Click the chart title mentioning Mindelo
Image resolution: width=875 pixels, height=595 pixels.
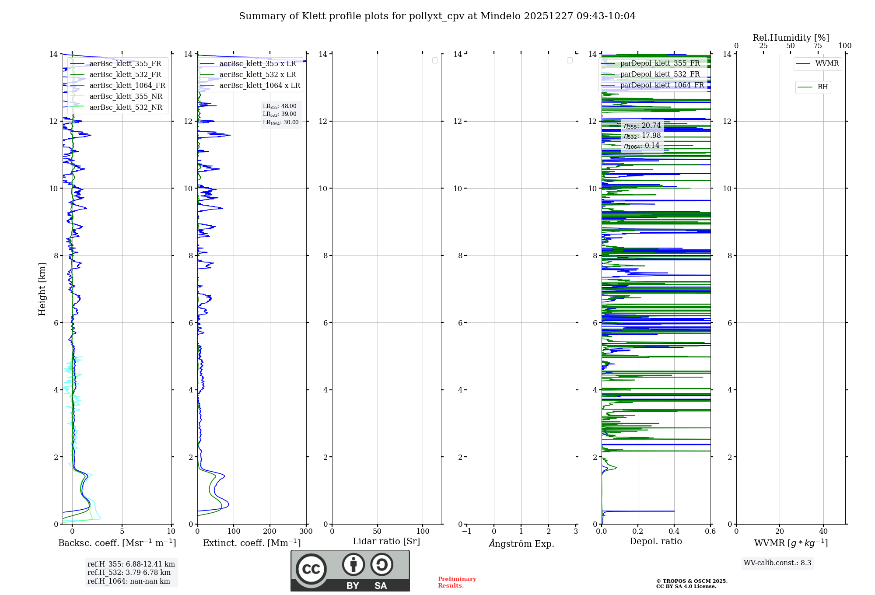point(437,16)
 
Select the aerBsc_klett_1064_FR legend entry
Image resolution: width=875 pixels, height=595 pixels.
point(127,86)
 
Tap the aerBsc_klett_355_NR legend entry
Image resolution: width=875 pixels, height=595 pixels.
point(126,97)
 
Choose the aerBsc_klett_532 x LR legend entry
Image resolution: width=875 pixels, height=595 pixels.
point(257,75)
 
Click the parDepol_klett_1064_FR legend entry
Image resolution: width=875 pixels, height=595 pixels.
point(661,85)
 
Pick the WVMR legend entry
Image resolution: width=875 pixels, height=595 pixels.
point(826,63)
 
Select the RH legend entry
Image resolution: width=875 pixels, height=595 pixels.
point(822,87)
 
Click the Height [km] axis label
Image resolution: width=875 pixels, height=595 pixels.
point(42,289)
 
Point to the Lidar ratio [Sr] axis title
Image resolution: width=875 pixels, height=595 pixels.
point(386,542)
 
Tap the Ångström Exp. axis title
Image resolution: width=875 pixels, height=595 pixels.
point(521,544)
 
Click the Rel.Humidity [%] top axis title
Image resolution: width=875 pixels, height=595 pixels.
point(791,38)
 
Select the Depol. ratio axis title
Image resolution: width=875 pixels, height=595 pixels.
point(655,542)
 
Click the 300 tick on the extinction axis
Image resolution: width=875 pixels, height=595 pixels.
point(306,532)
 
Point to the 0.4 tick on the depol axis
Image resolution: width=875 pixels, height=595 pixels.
point(674,532)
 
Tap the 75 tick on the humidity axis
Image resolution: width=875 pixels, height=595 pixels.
point(818,46)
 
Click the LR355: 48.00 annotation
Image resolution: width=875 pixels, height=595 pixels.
point(280,106)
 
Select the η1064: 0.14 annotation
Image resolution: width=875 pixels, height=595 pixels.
point(641,146)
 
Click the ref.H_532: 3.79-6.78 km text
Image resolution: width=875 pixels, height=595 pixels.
point(129,573)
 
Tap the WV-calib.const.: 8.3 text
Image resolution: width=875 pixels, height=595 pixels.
point(777,563)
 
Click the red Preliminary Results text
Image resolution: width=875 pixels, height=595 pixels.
point(457,582)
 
